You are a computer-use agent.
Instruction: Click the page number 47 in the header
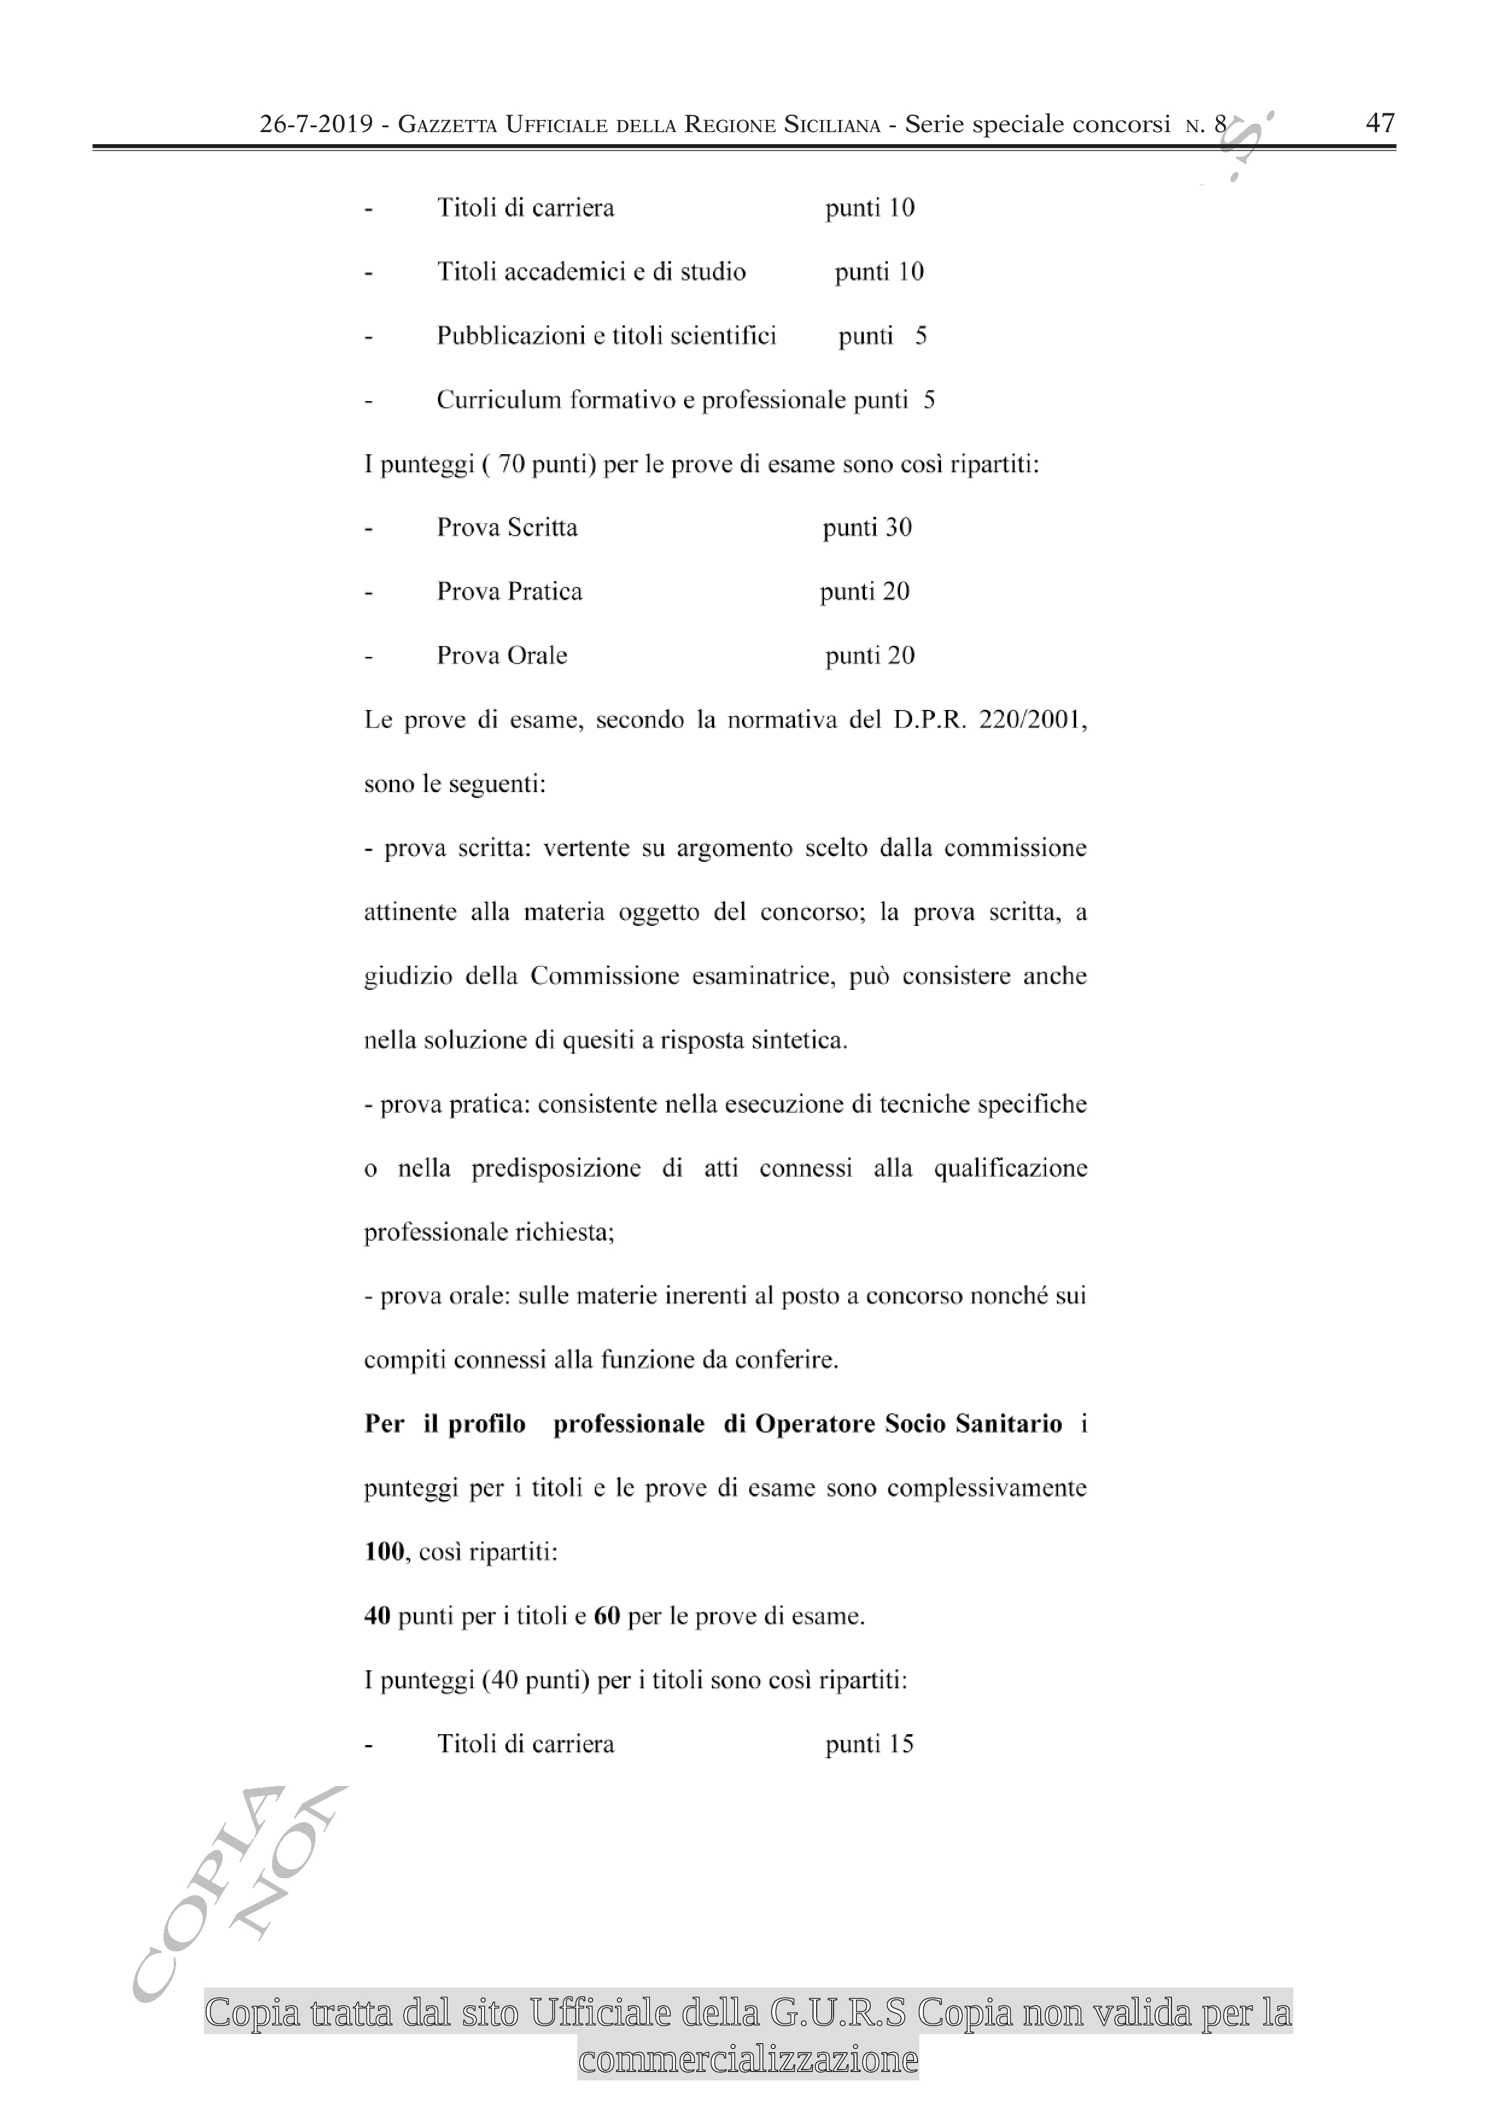pos(1380,122)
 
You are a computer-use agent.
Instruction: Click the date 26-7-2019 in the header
pos(315,124)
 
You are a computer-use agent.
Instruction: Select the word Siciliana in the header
pos(831,124)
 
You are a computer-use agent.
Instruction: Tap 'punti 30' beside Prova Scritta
pos(866,528)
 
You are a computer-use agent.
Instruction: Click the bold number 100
pos(384,1552)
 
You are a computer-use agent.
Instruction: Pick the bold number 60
pos(606,1615)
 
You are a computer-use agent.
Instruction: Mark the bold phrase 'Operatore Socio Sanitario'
pos(908,1424)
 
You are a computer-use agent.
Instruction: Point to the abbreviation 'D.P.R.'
pos(929,720)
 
